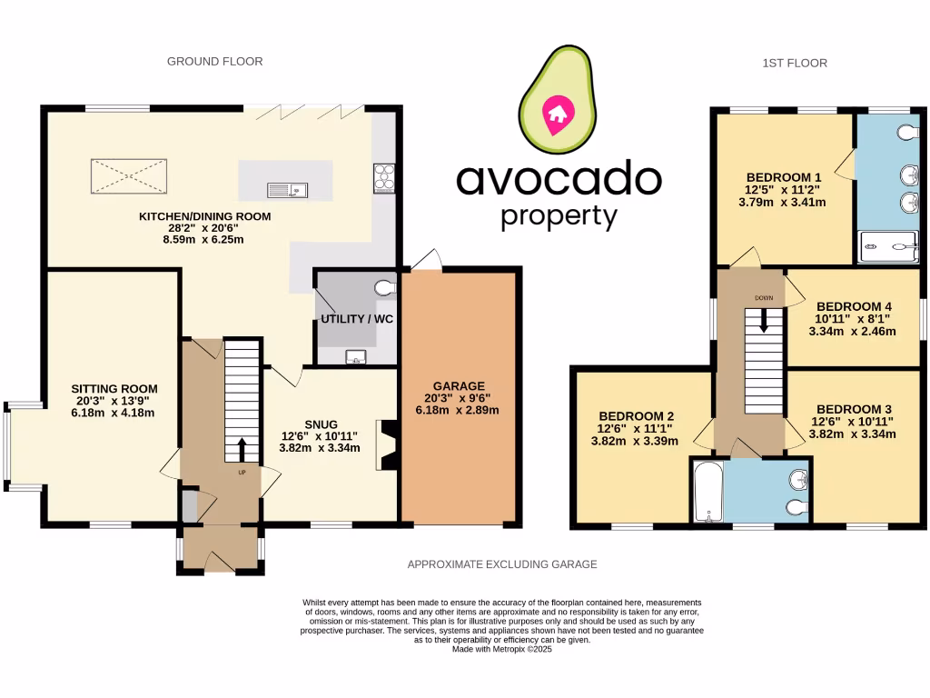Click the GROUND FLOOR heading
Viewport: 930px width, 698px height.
(x=215, y=62)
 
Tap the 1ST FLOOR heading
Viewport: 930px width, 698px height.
(x=795, y=63)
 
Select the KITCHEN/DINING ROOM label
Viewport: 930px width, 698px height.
(x=204, y=217)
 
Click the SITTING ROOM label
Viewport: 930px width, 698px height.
(x=108, y=388)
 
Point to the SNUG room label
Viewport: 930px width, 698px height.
(x=321, y=424)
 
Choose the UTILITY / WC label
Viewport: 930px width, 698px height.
(x=353, y=320)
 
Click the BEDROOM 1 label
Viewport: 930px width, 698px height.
(x=784, y=177)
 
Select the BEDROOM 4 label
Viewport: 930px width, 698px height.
(x=854, y=307)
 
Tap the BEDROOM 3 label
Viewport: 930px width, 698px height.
(x=854, y=409)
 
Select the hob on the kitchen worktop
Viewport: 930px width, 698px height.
(x=383, y=177)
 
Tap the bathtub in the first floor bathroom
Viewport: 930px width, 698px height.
(x=707, y=491)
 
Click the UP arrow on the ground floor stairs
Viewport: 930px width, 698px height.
(x=242, y=451)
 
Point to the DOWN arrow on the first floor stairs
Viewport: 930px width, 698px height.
(x=763, y=317)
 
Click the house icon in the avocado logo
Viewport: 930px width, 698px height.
(x=555, y=114)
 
